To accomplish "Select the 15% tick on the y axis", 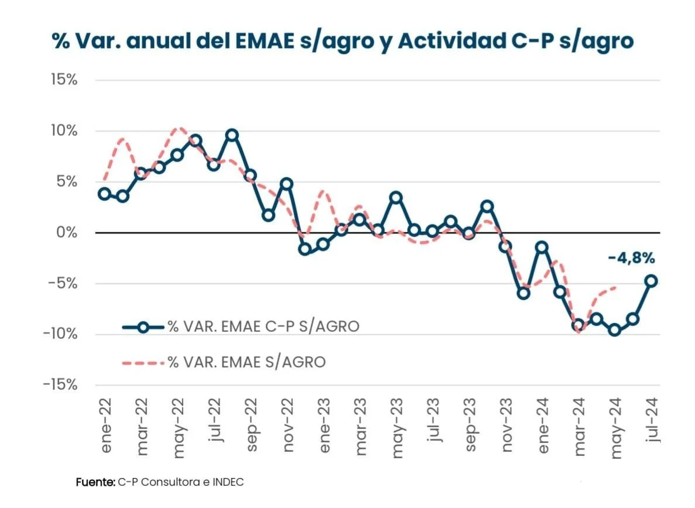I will click(x=64, y=80).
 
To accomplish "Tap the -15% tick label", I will click(x=60, y=385).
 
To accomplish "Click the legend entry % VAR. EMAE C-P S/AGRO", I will click(x=263, y=327).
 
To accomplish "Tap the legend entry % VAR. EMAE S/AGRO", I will click(x=246, y=362).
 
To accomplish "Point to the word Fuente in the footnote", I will click(x=95, y=482).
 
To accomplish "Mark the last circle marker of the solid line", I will click(x=651, y=281).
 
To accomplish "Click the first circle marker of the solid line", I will click(x=105, y=194).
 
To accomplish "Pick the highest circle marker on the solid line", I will click(x=232, y=135).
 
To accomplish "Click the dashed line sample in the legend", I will click(x=143, y=363).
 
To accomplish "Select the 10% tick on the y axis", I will click(x=64, y=131).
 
